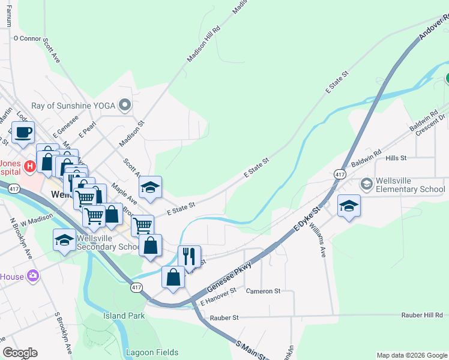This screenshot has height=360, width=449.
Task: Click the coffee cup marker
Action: pyautogui.click(x=23, y=133)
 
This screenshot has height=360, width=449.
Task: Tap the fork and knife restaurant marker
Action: pyautogui.click(x=190, y=256)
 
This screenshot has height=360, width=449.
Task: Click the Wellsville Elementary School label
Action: pyautogui.click(x=411, y=185)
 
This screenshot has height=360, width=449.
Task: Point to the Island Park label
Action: pyautogui.click(x=123, y=316)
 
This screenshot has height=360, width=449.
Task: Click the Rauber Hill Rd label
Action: pyautogui.click(x=424, y=314)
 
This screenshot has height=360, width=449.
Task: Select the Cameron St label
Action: pyautogui.click(x=264, y=291)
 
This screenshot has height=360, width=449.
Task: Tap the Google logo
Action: pyautogui.click(x=20, y=353)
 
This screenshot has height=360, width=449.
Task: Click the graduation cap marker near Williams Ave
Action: pyautogui.click(x=349, y=206)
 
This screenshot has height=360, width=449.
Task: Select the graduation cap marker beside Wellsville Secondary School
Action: pyautogui.click(x=64, y=240)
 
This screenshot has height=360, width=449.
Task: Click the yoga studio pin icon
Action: pyautogui.click(x=125, y=106)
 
